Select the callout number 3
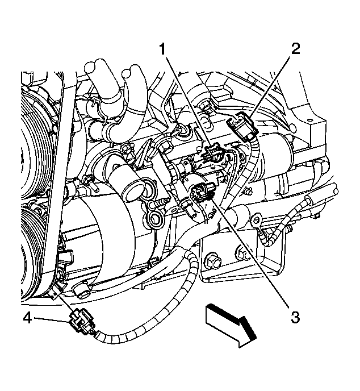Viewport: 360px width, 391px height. pyautogui.click(x=294, y=317)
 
